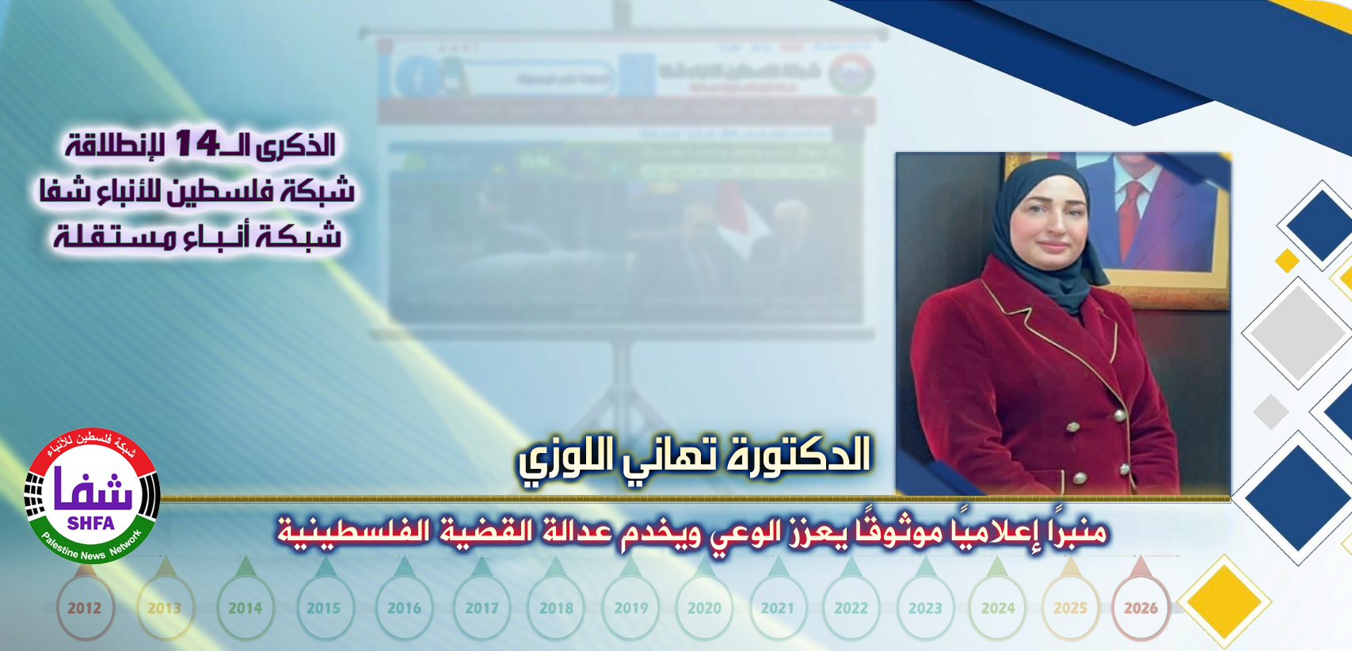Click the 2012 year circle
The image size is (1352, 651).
click(84, 608)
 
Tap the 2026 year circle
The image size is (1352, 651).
click(1141, 608)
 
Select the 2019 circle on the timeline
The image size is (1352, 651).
click(630, 608)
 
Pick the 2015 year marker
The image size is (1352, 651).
click(323, 608)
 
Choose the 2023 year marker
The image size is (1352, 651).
click(925, 608)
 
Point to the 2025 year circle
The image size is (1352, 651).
click(1070, 608)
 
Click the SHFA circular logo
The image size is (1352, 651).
click(92, 496)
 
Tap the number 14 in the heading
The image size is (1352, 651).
click(196, 144)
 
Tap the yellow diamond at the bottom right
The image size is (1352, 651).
click(1224, 602)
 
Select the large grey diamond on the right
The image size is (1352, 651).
click(1297, 333)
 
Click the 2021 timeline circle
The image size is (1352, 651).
click(777, 608)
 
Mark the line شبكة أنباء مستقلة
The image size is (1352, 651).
click(197, 236)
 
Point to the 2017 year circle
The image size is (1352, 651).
click(482, 608)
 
